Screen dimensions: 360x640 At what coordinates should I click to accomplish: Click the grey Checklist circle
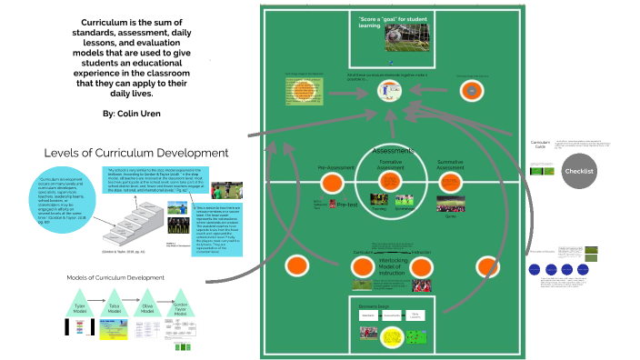click(579, 171)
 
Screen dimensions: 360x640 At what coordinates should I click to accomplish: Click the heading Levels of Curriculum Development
click(136, 152)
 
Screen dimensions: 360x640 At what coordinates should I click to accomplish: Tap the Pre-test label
click(347, 205)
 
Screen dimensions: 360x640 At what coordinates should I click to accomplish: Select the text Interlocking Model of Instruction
click(391, 265)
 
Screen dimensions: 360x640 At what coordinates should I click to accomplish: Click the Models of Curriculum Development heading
click(115, 275)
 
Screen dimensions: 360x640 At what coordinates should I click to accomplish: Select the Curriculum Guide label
click(541, 145)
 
